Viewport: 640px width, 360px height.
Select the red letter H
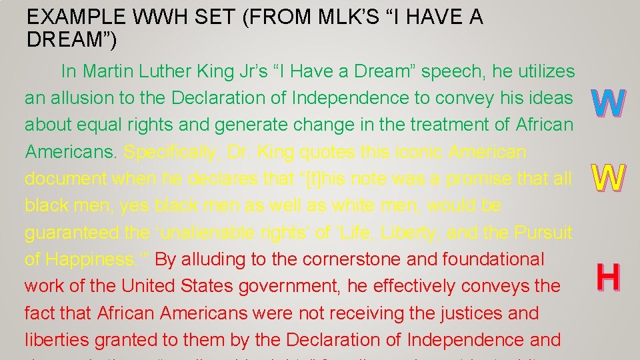pos(608,278)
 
